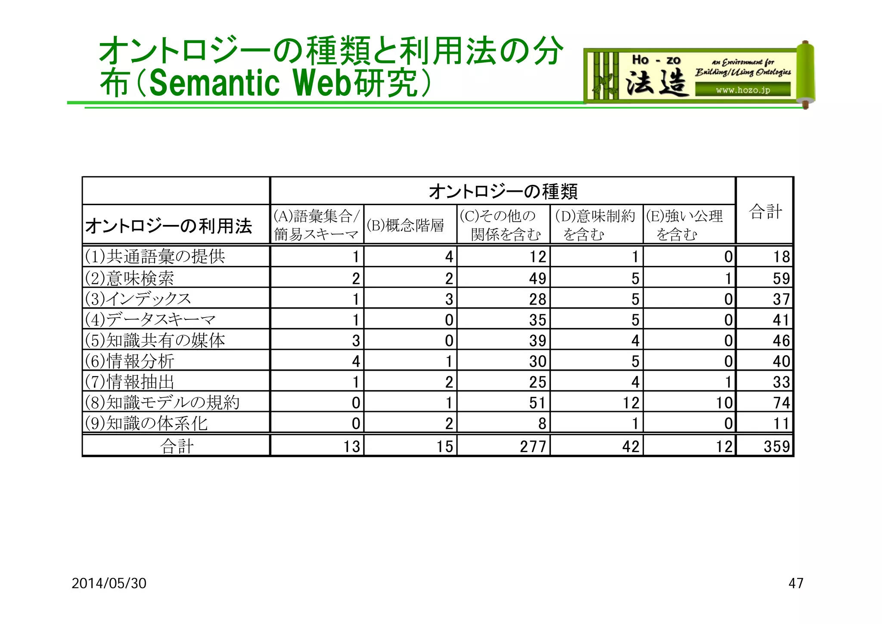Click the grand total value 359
coord(776,446)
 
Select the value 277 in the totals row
coord(533,446)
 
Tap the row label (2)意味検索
coord(129,278)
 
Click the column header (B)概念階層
coord(405,225)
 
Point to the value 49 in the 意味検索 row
coord(537,278)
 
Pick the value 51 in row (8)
coord(537,402)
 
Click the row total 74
coord(781,402)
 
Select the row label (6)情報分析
coord(129,361)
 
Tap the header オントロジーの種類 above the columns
coord(503,191)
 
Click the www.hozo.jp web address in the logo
coord(742,90)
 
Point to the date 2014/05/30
coord(109,583)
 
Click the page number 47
coord(795,583)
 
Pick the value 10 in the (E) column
coord(724,402)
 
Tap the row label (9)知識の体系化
coord(146,423)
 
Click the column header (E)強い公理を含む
coord(685,225)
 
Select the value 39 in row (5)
coord(537,340)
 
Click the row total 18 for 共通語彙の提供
coord(781,257)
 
